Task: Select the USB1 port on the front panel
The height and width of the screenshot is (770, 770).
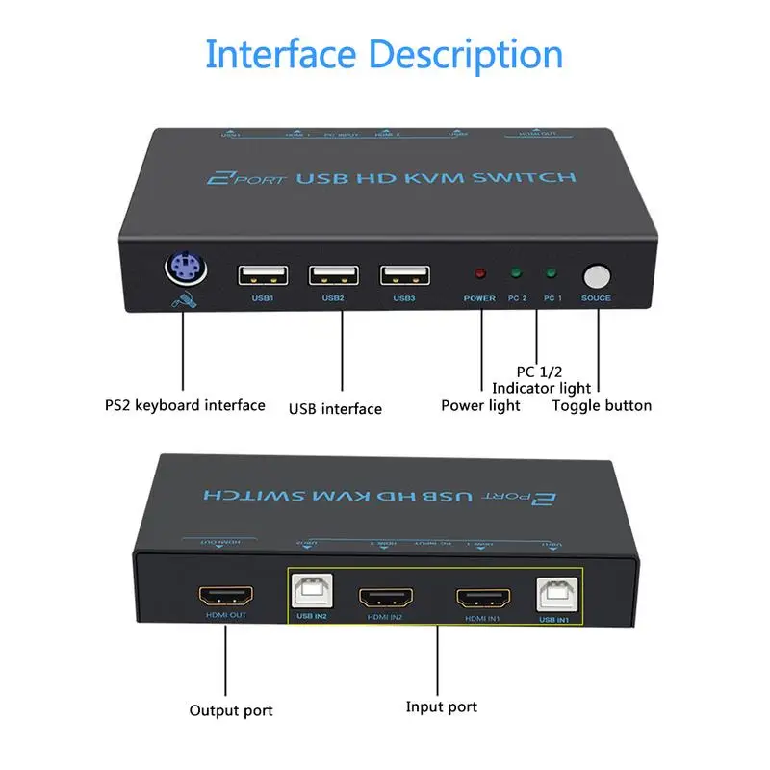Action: (x=263, y=274)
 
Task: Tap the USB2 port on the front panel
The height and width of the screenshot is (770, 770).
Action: (x=333, y=274)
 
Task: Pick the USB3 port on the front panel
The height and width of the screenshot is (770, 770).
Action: (x=404, y=274)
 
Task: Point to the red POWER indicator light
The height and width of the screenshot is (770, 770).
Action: (x=478, y=273)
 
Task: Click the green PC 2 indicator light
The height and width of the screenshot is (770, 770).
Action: (x=517, y=273)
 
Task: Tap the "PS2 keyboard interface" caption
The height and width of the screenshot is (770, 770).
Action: (x=185, y=405)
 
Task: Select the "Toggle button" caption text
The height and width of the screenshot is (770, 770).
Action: (x=602, y=405)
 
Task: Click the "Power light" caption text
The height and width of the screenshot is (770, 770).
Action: (x=480, y=405)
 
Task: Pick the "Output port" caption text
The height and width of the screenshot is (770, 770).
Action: (x=231, y=710)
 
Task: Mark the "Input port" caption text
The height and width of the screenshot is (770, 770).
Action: (x=441, y=707)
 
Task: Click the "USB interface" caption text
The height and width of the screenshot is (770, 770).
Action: (x=335, y=409)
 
